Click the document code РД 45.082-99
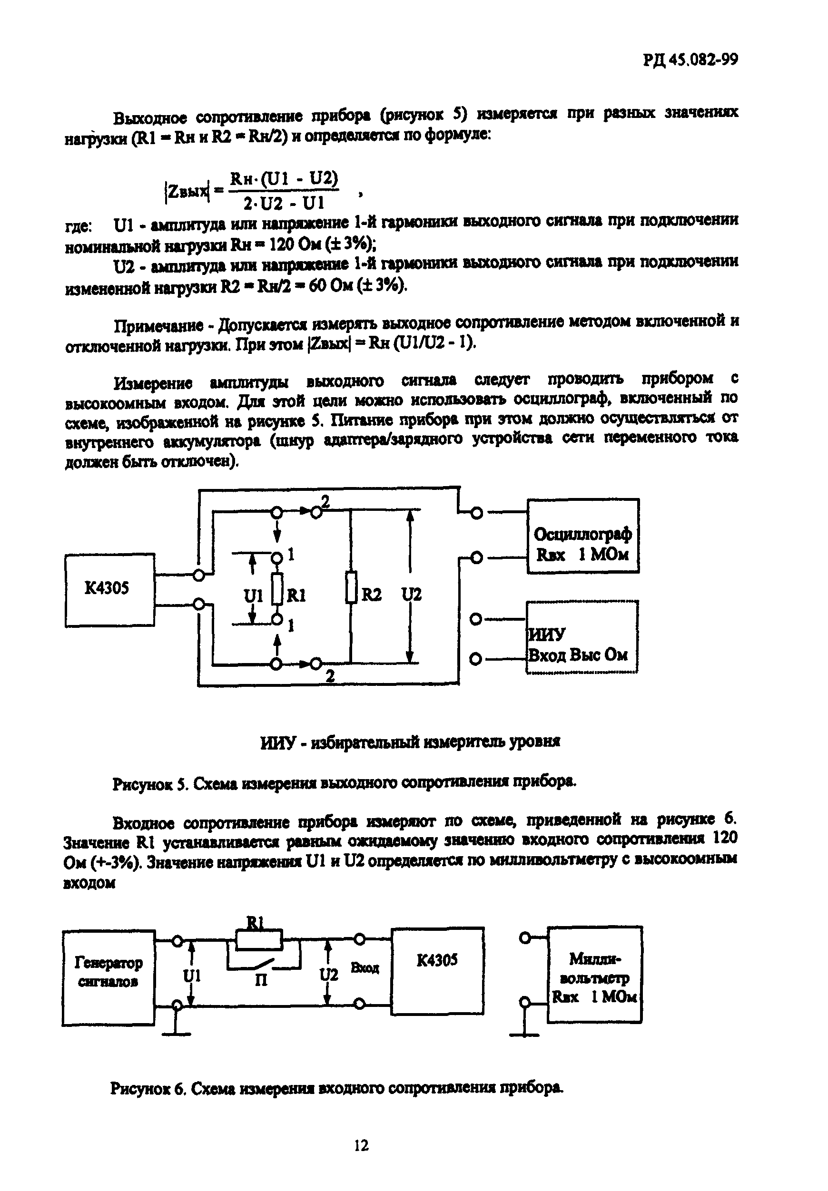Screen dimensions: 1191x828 coord(690,60)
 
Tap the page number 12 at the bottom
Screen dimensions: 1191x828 coord(361,1145)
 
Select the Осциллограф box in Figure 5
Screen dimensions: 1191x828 coord(582,536)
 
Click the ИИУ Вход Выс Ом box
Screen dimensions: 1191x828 coord(582,637)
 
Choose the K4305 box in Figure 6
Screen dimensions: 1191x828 coord(437,970)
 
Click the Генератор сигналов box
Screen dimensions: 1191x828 coord(108,977)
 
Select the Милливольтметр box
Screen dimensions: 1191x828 coord(594,974)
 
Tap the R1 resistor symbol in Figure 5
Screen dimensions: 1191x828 coord(277,589)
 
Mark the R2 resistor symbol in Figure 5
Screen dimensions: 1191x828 coord(351,587)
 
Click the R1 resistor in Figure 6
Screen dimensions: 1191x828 coord(259,940)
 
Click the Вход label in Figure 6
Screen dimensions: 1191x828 coord(365,967)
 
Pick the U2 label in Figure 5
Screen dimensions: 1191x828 coord(412,594)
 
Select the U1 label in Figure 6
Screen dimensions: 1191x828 coord(191,976)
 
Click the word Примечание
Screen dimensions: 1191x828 coord(158,326)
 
